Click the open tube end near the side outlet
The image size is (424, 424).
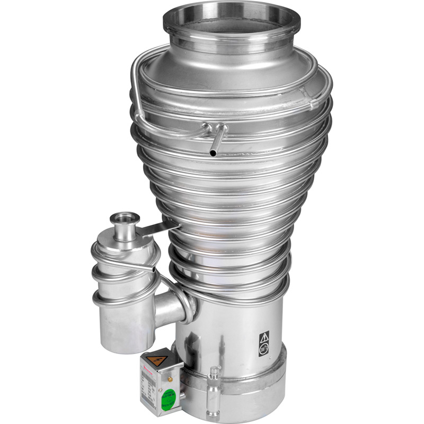tap(154, 270)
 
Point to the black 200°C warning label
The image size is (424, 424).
tap(264, 343)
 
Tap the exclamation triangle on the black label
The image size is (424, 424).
tap(264, 337)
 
